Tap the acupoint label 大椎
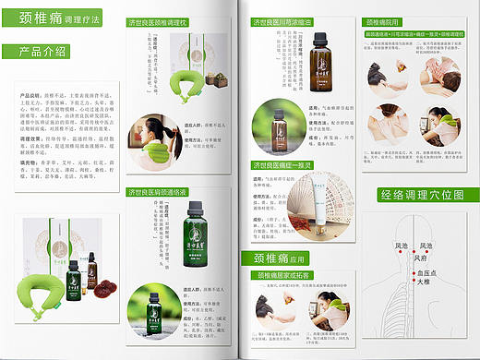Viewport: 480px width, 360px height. pyautogui.click(x=423, y=282)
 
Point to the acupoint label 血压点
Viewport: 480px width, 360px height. pyautogui.click(x=426, y=272)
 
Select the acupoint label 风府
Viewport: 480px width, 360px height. pyautogui.click(x=423, y=258)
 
